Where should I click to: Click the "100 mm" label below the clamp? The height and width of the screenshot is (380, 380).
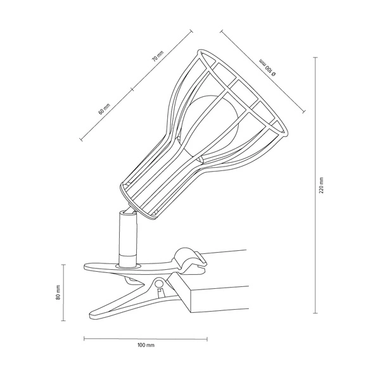(x=146, y=346)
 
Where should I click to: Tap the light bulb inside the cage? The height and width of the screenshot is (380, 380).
(x=209, y=123)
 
